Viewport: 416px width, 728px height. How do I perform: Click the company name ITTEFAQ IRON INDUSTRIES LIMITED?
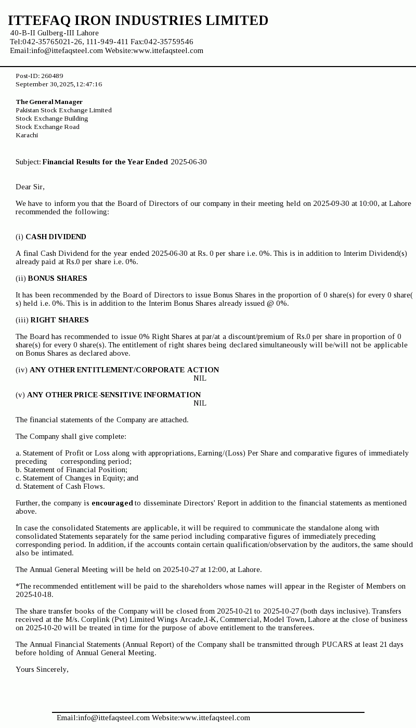coord(138,21)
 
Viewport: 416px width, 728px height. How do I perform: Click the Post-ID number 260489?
coord(52,76)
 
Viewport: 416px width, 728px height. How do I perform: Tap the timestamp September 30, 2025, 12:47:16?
coord(59,84)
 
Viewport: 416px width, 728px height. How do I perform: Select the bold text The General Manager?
coord(49,102)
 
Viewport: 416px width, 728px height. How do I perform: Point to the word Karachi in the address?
coord(27,135)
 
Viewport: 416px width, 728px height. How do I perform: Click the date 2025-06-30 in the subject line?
coord(188,162)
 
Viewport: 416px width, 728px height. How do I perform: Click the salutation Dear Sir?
coord(30,187)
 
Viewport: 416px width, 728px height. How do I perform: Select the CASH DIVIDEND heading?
coord(56,237)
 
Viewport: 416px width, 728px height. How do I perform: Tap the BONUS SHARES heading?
coord(57,278)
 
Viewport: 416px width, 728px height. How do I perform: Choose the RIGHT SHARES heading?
coord(59,320)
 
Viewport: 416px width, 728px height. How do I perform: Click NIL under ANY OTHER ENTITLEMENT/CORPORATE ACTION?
coord(200,378)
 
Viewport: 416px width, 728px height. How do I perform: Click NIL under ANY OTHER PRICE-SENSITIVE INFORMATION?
coord(200,403)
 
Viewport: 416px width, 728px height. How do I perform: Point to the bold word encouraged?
coord(112,503)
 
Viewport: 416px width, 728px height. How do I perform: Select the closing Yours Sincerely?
coord(42,669)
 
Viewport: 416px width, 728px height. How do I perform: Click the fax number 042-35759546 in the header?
coord(168,42)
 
